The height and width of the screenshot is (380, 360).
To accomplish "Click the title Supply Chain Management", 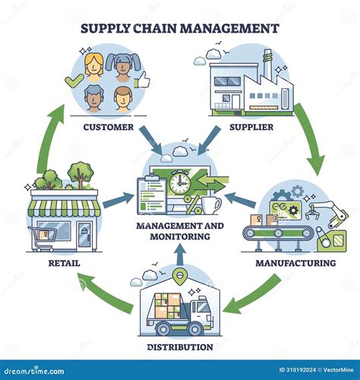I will point(179,29).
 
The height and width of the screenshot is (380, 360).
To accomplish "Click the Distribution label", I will point(179,347).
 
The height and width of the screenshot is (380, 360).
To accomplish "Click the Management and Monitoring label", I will point(181,230).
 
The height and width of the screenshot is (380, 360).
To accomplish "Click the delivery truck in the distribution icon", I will point(180,312).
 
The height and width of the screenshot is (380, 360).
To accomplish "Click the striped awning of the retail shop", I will point(65,207).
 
